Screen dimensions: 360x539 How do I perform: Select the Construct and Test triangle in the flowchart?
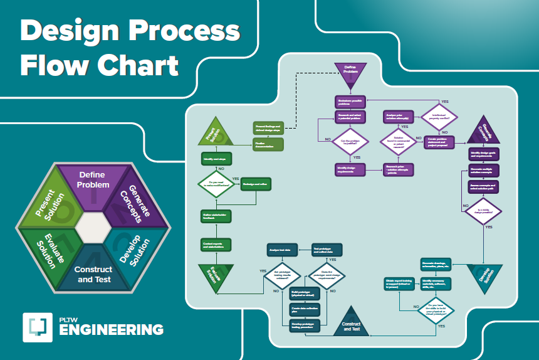351,321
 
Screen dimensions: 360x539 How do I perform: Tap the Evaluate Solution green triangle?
216,275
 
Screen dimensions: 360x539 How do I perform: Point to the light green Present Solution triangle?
216,133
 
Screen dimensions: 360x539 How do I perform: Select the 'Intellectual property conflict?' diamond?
440,117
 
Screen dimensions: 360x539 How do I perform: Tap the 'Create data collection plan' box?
305,309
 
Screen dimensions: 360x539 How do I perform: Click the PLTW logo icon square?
37,327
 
